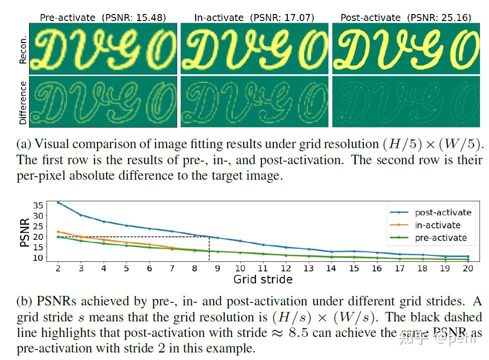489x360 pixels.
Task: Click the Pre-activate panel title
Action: click(x=67, y=18)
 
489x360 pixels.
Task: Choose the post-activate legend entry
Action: click(x=443, y=212)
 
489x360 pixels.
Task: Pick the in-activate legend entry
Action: click(x=437, y=225)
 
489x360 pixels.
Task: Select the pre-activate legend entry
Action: click(x=440, y=238)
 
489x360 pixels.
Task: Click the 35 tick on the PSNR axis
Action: click(x=39, y=205)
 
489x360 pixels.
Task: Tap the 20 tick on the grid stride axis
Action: click(x=468, y=268)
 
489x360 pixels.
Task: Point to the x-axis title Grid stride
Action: click(x=263, y=279)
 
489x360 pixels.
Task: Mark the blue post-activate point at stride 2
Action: click(x=58, y=203)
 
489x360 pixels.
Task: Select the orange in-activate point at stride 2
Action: click(x=58, y=232)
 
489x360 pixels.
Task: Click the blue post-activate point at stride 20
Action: click(x=468, y=256)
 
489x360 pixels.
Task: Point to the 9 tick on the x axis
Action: click(x=217, y=268)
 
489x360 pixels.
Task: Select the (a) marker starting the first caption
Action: click(x=23, y=145)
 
